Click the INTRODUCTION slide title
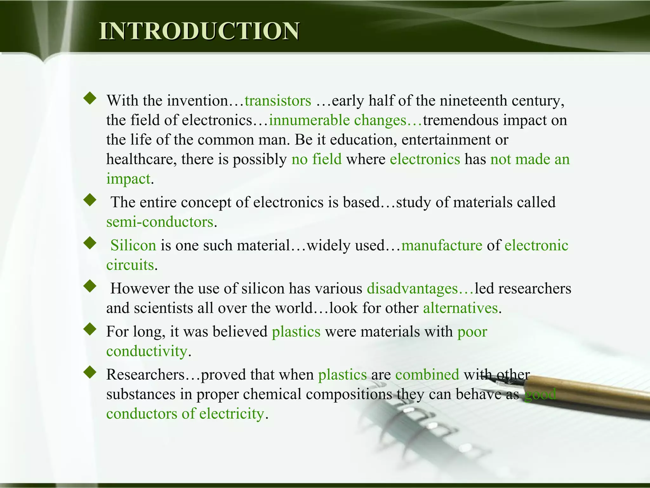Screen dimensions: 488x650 click(199, 31)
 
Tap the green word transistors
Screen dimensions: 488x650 click(278, 101)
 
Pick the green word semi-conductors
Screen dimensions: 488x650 click(160, 222)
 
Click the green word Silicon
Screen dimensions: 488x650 click(133, 246)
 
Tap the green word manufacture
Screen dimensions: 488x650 click(441, 246)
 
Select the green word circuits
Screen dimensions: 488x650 click(130, 265)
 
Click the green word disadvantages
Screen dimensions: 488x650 click(412, 288)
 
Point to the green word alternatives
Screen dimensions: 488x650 click(460, 308)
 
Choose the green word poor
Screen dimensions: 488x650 click(472, 332)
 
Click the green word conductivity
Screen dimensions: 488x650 click(147, 351)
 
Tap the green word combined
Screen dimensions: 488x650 click(427, 375)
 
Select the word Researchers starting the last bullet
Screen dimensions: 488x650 click(145, 375)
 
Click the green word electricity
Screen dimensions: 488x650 click(232, 414)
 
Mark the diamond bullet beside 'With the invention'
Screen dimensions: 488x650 click(90, 98)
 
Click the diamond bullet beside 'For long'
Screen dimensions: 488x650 click(90, 329)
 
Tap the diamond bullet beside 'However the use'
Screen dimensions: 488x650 click(90, 286)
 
